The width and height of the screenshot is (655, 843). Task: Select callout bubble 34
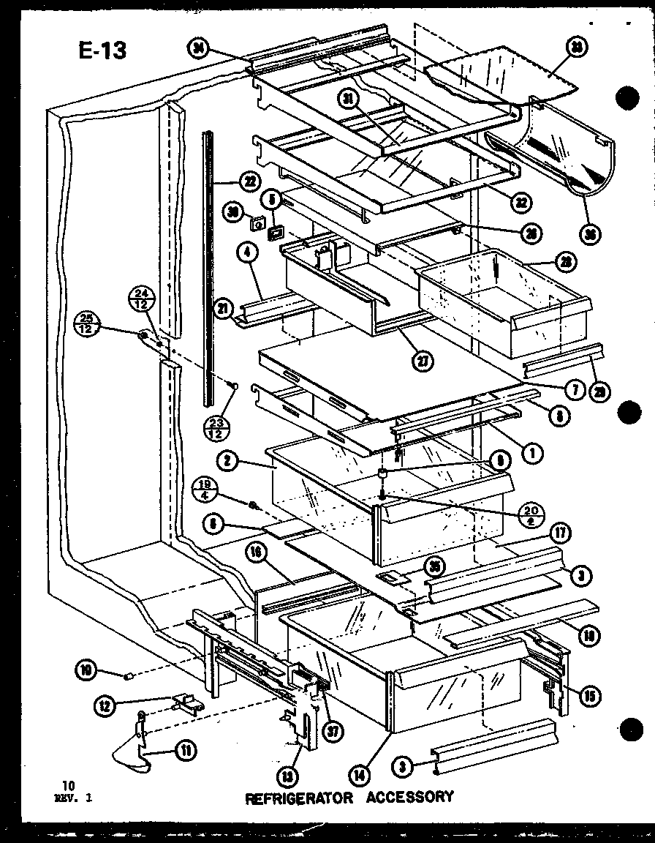point(197,49)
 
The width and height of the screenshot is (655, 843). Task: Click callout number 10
point(87,669)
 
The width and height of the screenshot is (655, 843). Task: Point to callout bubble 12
point(105,705)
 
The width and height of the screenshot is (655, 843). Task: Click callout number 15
point(589,695)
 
